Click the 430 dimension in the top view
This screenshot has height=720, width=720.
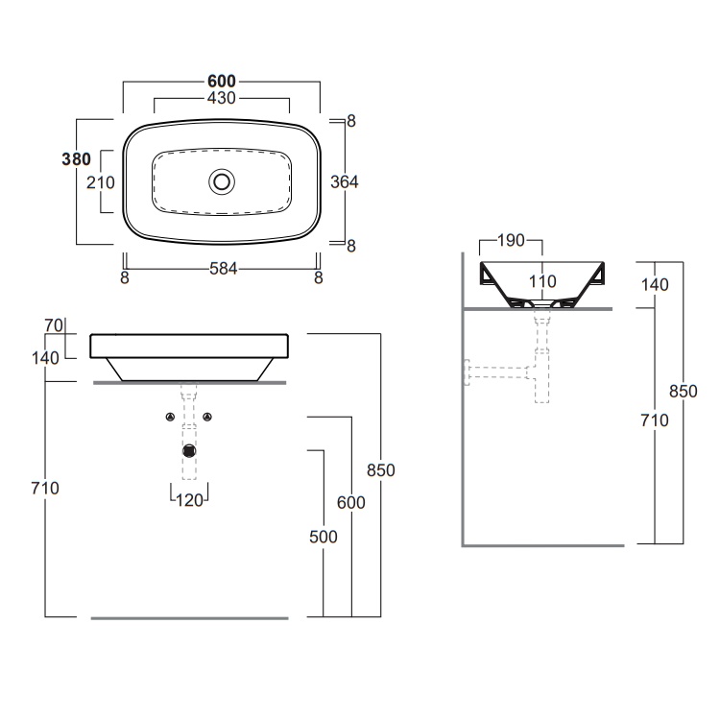(222, 99)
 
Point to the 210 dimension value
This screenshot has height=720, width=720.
(101, 182)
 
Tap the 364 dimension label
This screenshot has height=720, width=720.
(343, 181)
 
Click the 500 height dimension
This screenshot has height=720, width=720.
(324, 537)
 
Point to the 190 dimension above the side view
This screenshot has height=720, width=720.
(511, 241)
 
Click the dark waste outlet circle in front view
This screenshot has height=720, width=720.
(190, 449)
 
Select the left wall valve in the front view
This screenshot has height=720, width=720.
(170, 417)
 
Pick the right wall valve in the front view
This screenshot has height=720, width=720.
(208, 417)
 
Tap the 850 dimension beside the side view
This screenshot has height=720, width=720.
(682, 392)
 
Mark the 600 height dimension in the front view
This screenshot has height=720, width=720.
(351, 503)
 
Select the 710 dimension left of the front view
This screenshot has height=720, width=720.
(45, 488)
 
